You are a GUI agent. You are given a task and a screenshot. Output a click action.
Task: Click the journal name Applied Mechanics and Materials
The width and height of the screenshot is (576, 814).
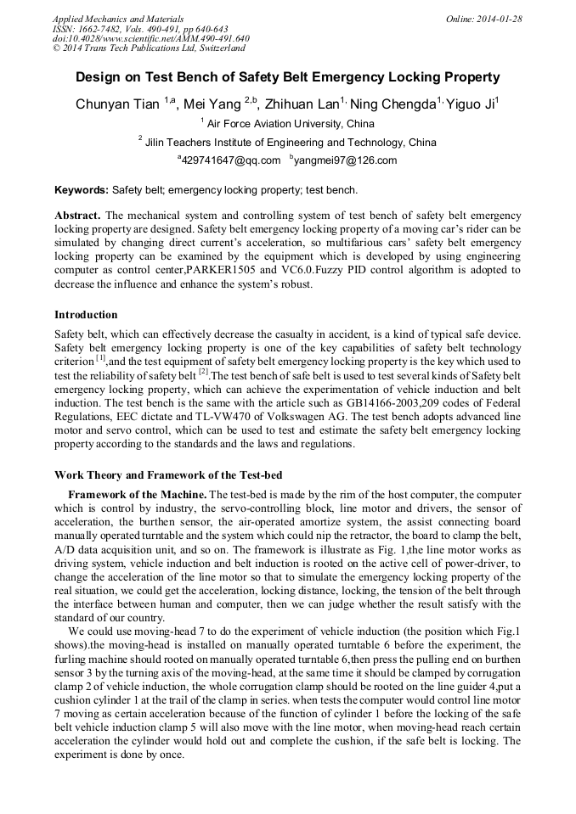pyautogui.click(x=118, y=18)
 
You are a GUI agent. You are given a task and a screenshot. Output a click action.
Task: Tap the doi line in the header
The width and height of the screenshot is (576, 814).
pyautogui.click(x=150, y=38)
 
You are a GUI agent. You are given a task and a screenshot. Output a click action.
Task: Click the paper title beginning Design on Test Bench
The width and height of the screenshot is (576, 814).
pyautogui.click(x=288, y=77)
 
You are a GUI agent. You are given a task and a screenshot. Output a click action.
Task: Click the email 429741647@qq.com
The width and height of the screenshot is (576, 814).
pyautogui.click(x=230, y=160)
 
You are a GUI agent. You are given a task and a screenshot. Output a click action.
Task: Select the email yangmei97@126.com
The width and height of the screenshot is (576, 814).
pyautogui.click(x=344, y=160)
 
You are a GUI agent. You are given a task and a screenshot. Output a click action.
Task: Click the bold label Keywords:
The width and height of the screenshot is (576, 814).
pyautogui.click(x=82, y=190)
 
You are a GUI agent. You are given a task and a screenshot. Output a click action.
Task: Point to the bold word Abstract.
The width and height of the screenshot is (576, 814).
pyautogui.click(x=78, y=216)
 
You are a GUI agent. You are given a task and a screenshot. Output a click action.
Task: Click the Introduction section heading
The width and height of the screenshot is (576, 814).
pyautogui.click(x=86, y=315)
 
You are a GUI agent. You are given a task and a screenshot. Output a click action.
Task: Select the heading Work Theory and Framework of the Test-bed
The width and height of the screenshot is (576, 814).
pyautogui.click(x=168, y=474)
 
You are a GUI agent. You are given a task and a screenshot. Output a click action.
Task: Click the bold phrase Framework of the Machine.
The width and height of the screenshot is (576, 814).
pyautogui.click(x=137, y=495)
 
